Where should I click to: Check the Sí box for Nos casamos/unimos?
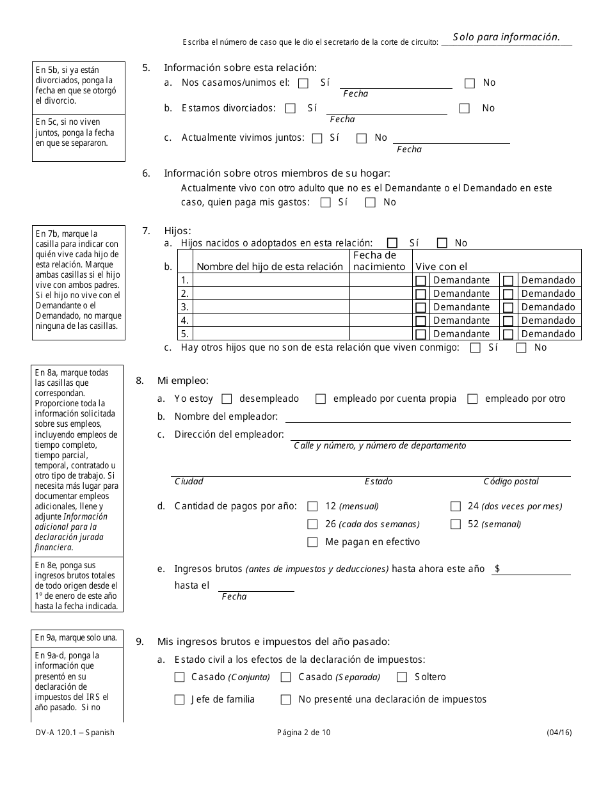303,83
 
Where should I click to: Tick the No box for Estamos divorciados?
465,108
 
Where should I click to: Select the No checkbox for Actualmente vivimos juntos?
362,138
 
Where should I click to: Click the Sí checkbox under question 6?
326,202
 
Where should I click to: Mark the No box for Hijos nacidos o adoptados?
442,243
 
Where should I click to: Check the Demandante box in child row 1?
420,280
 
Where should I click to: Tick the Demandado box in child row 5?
508,334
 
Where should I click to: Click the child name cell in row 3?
271,307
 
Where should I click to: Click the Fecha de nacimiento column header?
380,261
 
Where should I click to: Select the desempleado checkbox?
227,399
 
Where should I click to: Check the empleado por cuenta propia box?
321,399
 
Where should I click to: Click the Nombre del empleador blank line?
428,417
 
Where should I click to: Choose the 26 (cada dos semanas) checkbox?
312,524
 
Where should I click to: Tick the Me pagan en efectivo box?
312,542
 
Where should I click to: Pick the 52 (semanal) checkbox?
456,524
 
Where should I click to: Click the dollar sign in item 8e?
497,569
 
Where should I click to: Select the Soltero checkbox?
402,677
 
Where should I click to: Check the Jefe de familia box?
180,699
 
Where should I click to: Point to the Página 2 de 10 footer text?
304,733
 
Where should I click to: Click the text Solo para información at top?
506,37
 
